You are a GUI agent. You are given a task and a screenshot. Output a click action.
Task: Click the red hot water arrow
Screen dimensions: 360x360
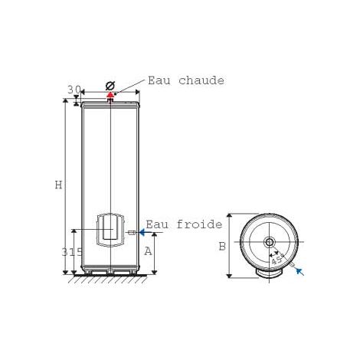click(x=110, y=95)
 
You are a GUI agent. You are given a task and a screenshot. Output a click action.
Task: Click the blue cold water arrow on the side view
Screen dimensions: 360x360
click(x=146, y=232)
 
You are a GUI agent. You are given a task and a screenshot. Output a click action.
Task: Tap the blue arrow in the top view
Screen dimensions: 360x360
click(x=300, y=271)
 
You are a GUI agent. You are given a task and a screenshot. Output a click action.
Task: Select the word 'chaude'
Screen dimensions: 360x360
click(x=201, y=80)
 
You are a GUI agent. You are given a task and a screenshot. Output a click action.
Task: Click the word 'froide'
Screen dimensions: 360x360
click(x=199, y=224)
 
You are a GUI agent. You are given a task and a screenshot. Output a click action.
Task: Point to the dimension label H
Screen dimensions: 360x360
click(x=59, y=185)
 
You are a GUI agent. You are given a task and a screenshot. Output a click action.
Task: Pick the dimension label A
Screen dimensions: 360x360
click(x=148, y=251)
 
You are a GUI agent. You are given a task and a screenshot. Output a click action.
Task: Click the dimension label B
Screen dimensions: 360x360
click(x=222, y=247)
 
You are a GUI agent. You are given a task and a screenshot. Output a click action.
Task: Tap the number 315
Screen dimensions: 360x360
click(x=72, y=252)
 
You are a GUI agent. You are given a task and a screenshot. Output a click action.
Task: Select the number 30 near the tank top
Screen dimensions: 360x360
click(x=74, y=90)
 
